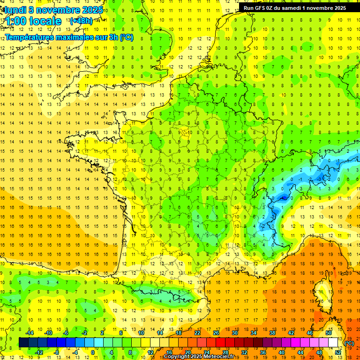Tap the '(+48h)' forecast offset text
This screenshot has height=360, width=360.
tap(81, 21)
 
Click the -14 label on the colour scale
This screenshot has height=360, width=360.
tap(30, 332)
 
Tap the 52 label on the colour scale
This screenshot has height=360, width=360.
tap(337, 352)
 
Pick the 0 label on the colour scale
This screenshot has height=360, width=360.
tap(93, 352)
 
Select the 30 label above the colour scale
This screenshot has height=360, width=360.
tap(234, 332)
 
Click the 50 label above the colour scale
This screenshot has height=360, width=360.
tap(328, 332)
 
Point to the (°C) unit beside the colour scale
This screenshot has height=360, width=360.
tap(349, 343)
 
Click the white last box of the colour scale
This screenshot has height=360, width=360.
tap(333, 343)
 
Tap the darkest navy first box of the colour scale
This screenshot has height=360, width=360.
tap(23, 343)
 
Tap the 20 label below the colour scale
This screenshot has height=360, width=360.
tap(187, 352)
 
